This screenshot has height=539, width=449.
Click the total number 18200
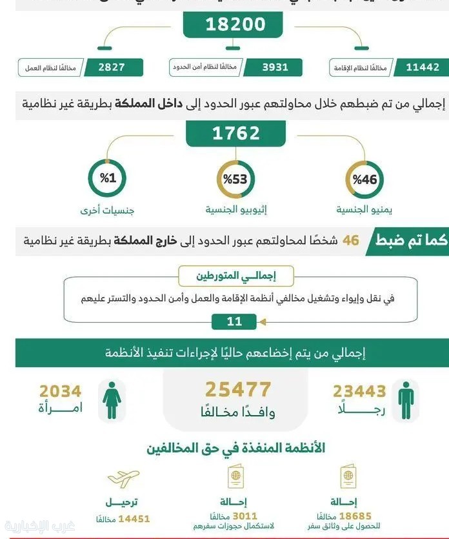point(235,25)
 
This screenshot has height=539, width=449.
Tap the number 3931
point(275,67)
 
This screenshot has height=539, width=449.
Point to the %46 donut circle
point(364,179)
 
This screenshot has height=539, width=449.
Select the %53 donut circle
point(235,179)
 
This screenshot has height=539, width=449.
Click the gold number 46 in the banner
point(350,241)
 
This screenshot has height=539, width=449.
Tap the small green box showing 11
point(234,321)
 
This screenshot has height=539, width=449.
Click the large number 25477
point(238,389)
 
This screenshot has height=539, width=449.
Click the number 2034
point(61,391)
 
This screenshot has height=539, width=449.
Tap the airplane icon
point(123,479)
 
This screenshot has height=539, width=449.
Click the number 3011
point(244,516)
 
